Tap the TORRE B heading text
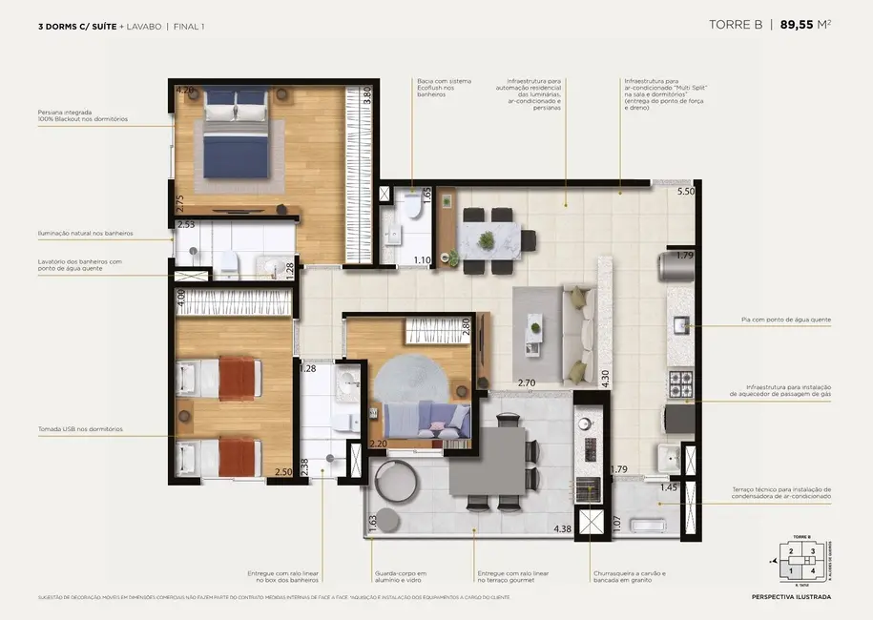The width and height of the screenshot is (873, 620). click(x=736, y=26)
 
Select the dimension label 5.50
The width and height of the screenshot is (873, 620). click(x=685, y=192)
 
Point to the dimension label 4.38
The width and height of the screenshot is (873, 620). click(x=563, y=529)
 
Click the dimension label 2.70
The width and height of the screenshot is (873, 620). click(x=527, y=382)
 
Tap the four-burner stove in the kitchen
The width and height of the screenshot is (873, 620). click(x=679, y=384)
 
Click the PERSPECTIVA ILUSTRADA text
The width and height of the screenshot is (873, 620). click(x=791, y=598)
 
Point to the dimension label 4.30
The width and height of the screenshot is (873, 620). click(x=605, y=376)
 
